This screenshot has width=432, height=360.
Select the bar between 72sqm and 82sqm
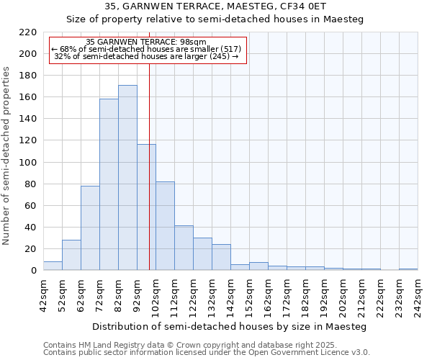(x=109, y=184)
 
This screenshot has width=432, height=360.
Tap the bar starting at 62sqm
(x=90, y=228)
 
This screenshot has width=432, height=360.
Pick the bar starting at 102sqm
(x=165, y=226)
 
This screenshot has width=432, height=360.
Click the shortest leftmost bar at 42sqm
(x=53, y=266)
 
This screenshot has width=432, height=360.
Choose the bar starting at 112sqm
(x=184, y=248)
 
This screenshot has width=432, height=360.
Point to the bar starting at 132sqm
(x=221, y=257)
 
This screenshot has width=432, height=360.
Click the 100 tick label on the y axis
(x=28, y=163)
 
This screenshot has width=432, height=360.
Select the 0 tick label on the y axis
(x=34, y=271)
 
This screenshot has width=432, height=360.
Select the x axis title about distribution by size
(x=230, y=327)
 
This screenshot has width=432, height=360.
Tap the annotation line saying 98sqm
(x=148, y=42)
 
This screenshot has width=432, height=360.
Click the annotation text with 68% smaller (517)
(x=148, y=49)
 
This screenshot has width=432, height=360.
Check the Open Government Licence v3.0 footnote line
(x=207, y=353)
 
